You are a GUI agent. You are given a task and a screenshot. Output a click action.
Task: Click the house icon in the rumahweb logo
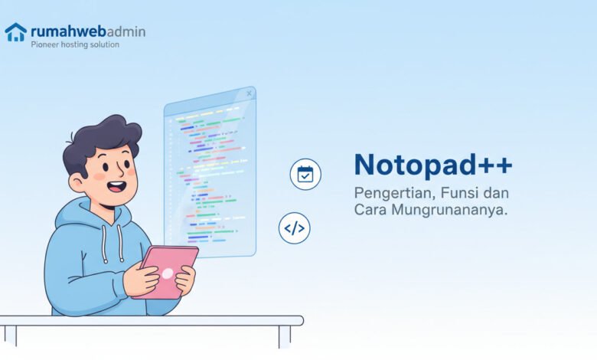click(x=15, y=31)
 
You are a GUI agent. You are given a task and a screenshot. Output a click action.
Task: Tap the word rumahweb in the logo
click(x=67, y=31)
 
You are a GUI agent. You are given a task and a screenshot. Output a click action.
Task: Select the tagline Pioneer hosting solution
click(x=74, y=45)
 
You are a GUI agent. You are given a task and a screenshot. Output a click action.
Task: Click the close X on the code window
click(x=249, y=94)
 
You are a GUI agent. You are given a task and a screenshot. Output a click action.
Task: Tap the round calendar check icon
click(x=305, y=174)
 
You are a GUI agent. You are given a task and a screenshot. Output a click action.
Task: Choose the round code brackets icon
click(x=295, y=228)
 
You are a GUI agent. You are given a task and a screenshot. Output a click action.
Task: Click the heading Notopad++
click(x=433, y=165)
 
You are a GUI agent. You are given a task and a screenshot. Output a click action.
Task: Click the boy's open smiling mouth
click(x=116, y=185)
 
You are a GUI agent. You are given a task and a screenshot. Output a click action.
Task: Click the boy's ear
click(x=77, y=182)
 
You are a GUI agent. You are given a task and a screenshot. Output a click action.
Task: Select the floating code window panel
click(x=210, y=172)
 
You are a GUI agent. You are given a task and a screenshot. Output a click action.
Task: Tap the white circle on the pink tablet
click(x=167, y=273)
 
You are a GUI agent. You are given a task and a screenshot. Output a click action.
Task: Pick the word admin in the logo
click(x=123, y=31)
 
